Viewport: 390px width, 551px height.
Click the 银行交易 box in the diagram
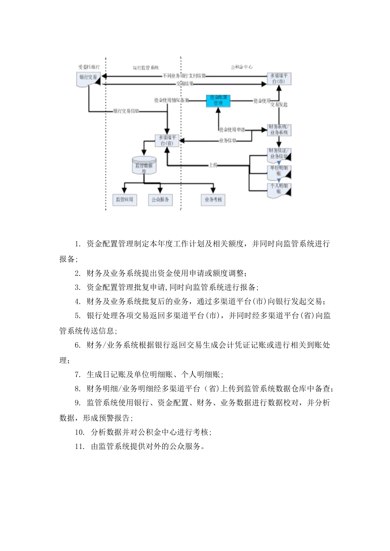coord(88,78)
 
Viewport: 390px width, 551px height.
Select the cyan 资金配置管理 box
coord(218,100)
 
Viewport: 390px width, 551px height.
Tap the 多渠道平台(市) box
coord(279,78)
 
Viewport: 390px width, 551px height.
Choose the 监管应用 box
coord(124,200)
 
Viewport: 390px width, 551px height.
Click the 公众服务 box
coord(160,200)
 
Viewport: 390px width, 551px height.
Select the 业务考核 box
coord(213,200)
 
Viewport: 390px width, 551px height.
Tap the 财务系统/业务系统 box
coord(279,130)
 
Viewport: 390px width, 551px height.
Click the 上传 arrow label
coord(213,165)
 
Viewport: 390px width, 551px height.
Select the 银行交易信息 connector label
coord(125,111)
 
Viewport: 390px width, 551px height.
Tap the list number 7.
coord(77,374)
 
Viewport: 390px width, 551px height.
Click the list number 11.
coord(79,446)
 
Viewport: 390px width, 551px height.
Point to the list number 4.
coord(77,302)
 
